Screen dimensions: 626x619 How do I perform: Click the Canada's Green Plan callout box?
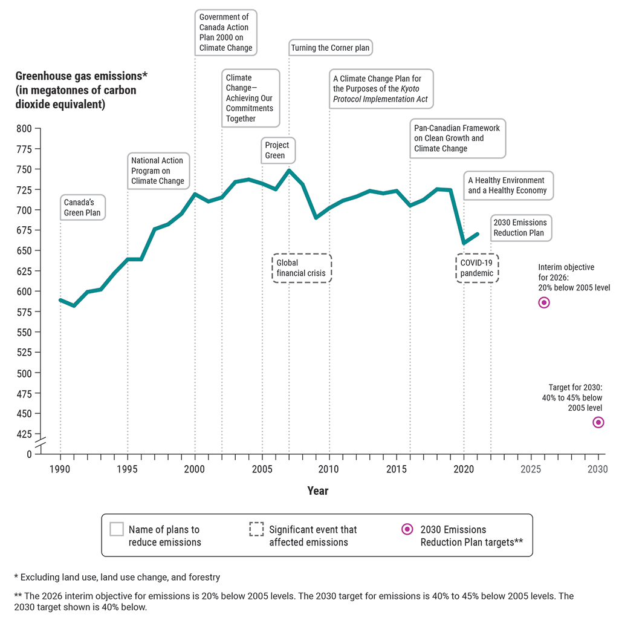point(82,207)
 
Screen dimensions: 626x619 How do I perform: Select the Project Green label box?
point(277,151)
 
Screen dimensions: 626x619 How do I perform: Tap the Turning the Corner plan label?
point(330,48)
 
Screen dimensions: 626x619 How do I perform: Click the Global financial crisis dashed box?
point(301,268)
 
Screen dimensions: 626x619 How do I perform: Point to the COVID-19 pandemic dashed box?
point(477,268)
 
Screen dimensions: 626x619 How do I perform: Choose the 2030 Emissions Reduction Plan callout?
point(519,228)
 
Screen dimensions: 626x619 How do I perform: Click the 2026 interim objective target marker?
point(544,302)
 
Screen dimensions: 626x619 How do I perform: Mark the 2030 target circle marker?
point(598,422)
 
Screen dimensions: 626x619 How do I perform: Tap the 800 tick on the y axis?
point(24,128)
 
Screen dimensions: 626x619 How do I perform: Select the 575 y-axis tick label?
point(24,312)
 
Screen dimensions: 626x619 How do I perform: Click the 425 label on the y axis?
point(24,434)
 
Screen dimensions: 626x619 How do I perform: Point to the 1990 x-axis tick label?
point(60,469)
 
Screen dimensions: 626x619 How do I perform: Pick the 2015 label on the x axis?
point(397,469)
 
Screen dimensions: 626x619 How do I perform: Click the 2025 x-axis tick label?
point(531,469)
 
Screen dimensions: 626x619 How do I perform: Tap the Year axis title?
point(318,491)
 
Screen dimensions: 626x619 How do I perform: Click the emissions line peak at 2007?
point(289,171)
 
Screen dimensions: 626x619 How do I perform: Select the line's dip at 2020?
point(464,243)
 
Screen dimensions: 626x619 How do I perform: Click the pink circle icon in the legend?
point(408,529)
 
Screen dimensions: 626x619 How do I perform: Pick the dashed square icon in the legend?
point(256,529)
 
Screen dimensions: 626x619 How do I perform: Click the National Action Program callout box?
point(158,171)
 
